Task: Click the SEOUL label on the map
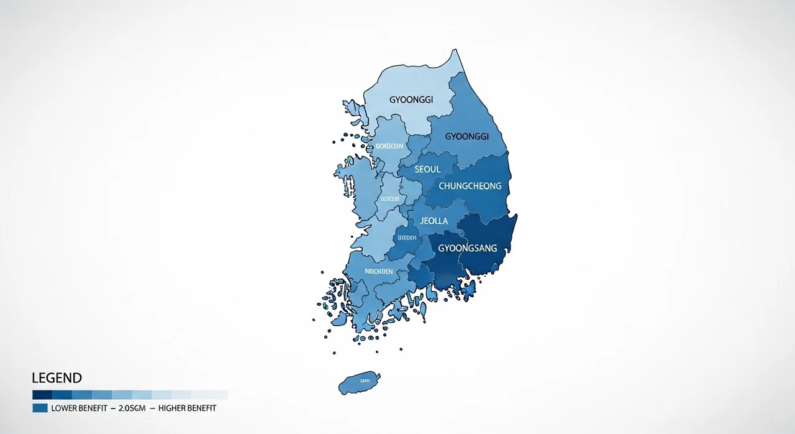tap(427, 169)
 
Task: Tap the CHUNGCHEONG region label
tap(470, 186)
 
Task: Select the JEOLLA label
tap(434, 221)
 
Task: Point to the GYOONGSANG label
tap(468, 248)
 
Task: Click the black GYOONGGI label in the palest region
tap(411, 99)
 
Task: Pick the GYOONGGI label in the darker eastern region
tap(467, 136)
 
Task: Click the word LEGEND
tap(57, 378)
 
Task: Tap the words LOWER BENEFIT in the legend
tap(80, 409)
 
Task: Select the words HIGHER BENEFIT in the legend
tap(188, 409)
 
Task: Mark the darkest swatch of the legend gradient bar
tap(42, 395)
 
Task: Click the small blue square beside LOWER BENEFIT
tap(40, 409)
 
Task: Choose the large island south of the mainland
tap(360, 381)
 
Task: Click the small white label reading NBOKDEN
tap(378, 271)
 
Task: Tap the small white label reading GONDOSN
tap(389, 147)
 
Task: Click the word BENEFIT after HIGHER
tap(201, 409)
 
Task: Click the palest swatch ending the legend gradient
tap(219, 395)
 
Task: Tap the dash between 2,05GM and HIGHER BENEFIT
tap(152, 409)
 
